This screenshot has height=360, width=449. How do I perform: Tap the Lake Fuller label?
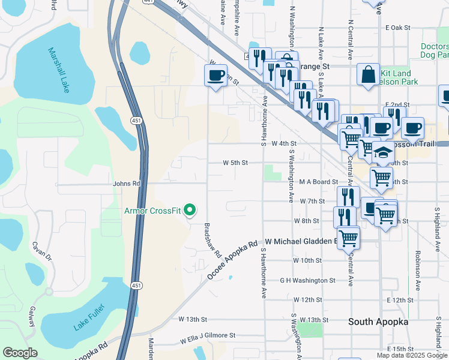pos(89,317)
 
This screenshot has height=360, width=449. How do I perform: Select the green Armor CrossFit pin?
pos(190,210)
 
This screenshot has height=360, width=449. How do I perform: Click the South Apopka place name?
pos(379,322)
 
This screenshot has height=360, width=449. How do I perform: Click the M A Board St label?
pos(319,182)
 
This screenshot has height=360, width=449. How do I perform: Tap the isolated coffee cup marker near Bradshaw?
pos(215,76)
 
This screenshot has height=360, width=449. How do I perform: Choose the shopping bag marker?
pos(368,75)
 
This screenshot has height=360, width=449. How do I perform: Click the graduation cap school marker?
pos(383,152)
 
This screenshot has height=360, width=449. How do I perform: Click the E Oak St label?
pos(397,28)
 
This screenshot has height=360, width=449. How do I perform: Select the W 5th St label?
pos(235,163)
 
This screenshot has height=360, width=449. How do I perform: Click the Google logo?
pos(20,353)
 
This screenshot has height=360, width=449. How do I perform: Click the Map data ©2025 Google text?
pos(411,355)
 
